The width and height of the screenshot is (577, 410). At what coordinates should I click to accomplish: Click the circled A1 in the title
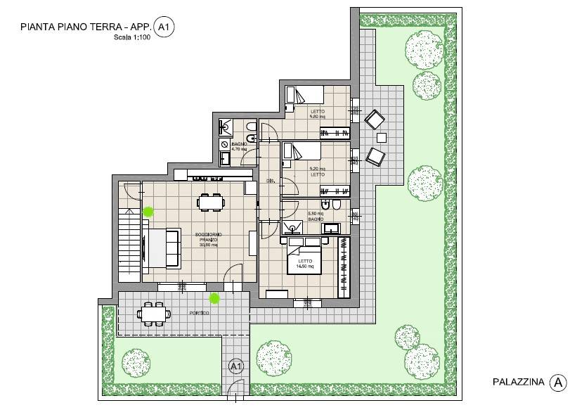pos(164,28)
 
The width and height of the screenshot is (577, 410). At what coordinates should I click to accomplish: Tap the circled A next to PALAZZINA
pos(558,383)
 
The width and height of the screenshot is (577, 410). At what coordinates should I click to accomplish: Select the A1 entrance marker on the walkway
pos(236,366)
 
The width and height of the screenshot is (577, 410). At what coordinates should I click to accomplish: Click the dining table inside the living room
pos(211,203)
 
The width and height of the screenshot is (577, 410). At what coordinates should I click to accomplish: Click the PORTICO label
pos(199,313)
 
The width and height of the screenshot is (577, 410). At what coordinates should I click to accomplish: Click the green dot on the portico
pos(214,298)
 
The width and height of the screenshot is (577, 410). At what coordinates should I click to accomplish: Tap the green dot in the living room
pos(148,210)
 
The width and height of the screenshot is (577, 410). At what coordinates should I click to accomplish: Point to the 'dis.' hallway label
pos(270,181)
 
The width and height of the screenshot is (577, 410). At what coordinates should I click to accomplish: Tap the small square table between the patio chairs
pos(382,136)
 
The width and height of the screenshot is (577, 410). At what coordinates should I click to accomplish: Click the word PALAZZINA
pos(519,383)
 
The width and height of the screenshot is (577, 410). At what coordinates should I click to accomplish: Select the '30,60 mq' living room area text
pos(209,246)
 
